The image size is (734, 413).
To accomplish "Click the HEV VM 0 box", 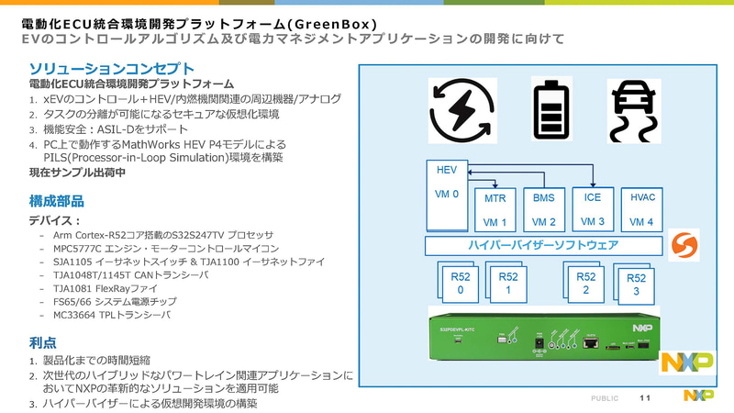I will click(449, 194).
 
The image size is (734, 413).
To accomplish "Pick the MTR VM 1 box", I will click(496, 210).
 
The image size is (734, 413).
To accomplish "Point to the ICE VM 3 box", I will click(592, 208).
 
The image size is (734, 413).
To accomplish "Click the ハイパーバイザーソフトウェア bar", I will click(543, 247).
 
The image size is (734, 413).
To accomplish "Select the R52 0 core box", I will click(460, 283).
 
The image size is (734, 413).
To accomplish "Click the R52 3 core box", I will click(635, 285).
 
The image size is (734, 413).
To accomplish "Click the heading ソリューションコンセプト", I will click(111, 68).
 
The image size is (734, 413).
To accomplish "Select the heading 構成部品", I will click(59, 200).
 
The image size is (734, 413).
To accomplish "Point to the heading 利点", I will click(42, 342).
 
